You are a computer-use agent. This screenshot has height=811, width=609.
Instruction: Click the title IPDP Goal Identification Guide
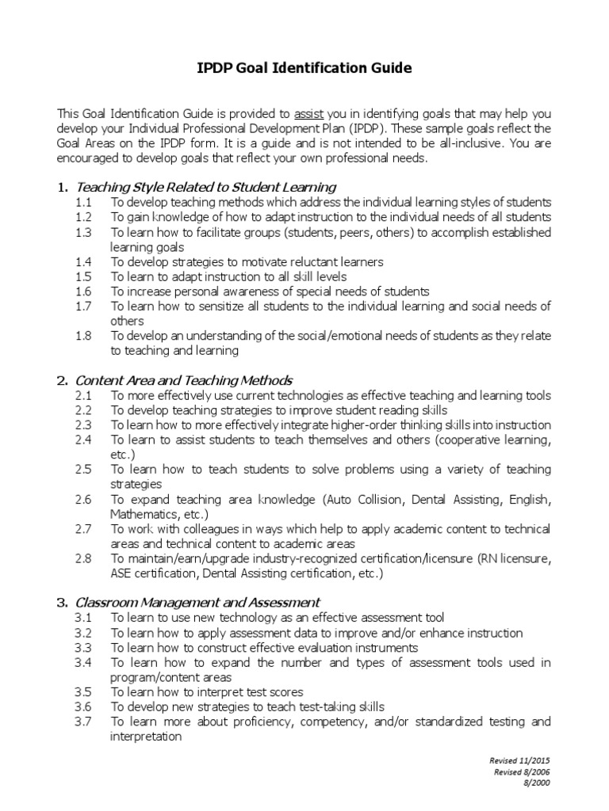(304, 68)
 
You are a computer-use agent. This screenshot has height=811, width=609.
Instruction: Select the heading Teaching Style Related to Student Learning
(205, 187)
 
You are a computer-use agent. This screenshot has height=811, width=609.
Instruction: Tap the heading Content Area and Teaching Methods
(183, 380)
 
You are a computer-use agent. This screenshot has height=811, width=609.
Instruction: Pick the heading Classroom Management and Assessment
(197, 602)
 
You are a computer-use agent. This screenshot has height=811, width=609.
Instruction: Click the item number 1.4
(84, 261)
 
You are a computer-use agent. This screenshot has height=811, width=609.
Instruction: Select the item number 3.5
(84, 691)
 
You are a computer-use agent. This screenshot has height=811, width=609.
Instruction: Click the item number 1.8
(84, 336)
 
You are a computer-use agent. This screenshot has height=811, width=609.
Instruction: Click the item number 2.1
(84, 395)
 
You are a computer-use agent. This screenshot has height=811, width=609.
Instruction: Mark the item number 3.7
(84, 722)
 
